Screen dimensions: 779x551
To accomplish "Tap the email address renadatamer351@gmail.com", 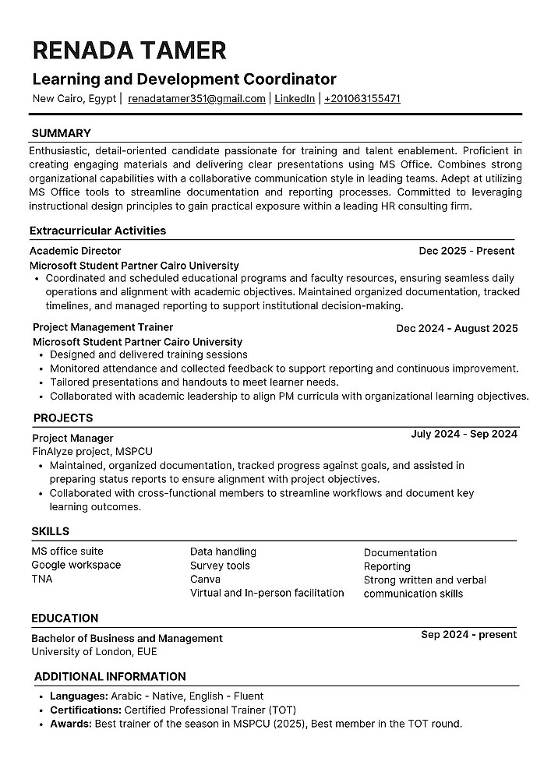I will coord(196,99).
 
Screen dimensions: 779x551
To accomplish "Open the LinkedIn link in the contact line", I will coord(295,99).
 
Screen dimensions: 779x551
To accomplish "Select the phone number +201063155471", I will coord(362,99).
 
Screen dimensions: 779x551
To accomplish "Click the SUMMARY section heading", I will coord(61,133).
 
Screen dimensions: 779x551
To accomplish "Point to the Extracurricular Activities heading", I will coord(97,231).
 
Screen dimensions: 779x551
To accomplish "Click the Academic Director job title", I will coord(75,251).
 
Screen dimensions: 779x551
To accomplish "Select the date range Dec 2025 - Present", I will coord(466,251).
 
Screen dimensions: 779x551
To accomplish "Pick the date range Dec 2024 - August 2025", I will coord(457,328).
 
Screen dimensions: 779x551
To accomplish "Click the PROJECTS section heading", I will coord(62,418).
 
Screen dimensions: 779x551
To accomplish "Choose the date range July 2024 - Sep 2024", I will coord(464,434).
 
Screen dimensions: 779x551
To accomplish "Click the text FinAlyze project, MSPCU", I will coord(92,451).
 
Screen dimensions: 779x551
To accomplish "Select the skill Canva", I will coord(205,579).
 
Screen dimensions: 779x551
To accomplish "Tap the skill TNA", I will coord(42,579).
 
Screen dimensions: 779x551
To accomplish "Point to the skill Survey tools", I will coord(220,566).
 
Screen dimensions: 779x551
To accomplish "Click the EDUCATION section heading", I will coord(65,618).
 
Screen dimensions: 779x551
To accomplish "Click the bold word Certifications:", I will coord(85,710).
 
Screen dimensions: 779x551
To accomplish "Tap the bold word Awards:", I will coord(71,724).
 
